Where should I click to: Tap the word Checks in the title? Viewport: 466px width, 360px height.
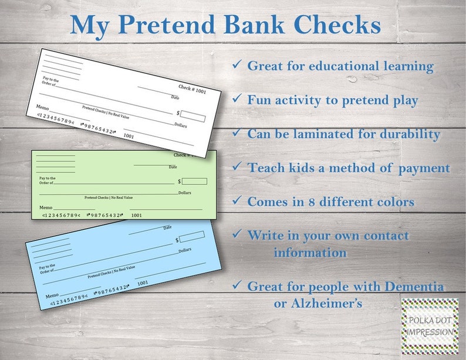click(x=336, y=25)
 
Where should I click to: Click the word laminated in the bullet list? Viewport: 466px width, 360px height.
click(x=317, y=134)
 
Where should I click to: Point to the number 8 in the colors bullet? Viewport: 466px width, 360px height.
click(x=318, y=202)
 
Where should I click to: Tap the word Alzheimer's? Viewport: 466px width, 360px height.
click(x=318, y=303)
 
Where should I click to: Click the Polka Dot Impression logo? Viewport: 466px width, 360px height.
click(x=430, y=326)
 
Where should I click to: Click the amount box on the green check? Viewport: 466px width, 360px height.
click(x=198, y=181)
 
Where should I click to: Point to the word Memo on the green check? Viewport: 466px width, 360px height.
click(x=46, y=208)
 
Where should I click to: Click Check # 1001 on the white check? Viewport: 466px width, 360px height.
click(x=193, y=90)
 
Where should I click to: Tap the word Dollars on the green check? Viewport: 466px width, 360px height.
click(x=185, y=193)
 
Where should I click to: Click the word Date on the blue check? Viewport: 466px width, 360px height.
click(x=167, y=227)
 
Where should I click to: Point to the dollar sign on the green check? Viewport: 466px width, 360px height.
click(x=180, y=182)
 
